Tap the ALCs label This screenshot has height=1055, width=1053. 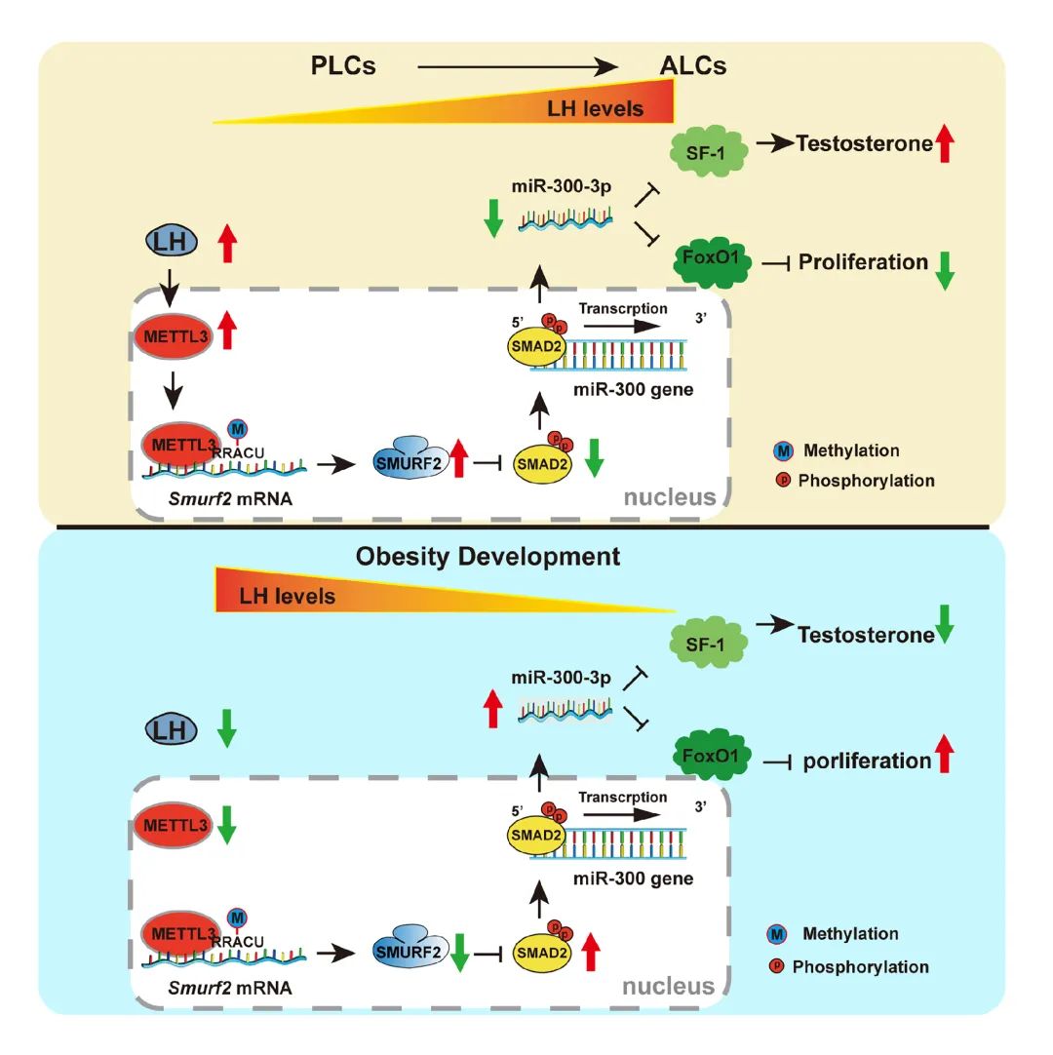pyautogui.click(x=690, y=66)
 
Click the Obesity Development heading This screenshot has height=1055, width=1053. pyautogui.click(x=487, y=557)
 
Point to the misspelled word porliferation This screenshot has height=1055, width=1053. pyautogui.click(x=867, y=761)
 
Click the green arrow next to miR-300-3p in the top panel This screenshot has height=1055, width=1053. pyautogui.click(x=493, y=216)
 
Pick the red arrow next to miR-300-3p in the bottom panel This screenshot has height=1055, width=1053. pyautogui.click(x=493, y=705)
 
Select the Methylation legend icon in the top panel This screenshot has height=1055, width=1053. pyautogui.click(x=781, y=450)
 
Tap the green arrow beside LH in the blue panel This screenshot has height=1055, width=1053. pyautogui.click(x=225, y=728)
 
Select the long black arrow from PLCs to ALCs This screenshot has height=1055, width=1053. pyautogui.click(x=518, y=66)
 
